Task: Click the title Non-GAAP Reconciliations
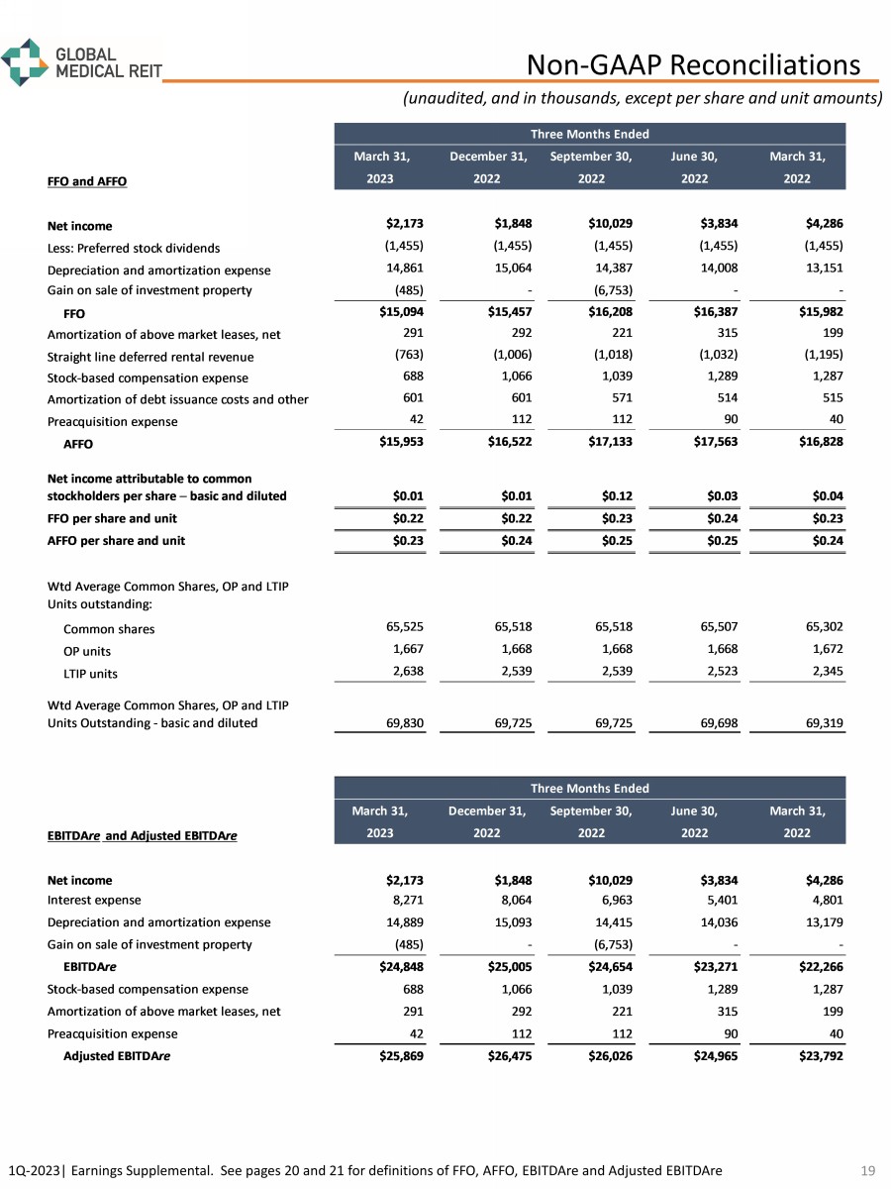pyautogui.click(x=693, y=64)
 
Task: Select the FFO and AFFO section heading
pyautogui.click(x=87, y=181)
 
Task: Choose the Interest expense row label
pyautogui.click(x=94, y=900)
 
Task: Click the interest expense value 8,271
pyautogui.click(x=405, y=900)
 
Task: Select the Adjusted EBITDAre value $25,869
pyautogui.click(x=400, y=1056)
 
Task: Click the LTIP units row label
pyautogui.click(x=90, y=674)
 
